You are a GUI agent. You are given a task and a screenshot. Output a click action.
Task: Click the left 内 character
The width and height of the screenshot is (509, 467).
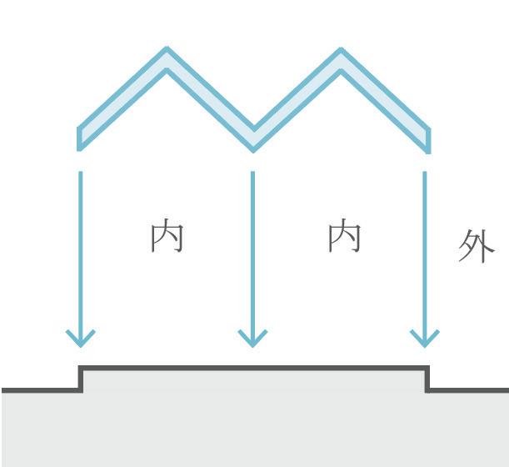[x=167, y=237]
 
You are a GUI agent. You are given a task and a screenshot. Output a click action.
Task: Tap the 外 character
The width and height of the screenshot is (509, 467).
[x=477, y=248]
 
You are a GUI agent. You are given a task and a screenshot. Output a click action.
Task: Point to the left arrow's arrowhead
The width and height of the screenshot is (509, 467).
[x=81, y=338]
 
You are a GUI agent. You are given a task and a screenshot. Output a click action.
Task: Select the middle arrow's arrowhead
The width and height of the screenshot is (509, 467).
[x=252, y=338]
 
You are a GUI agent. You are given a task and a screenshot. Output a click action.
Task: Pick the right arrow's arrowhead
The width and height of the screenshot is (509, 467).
[x=425, y=338]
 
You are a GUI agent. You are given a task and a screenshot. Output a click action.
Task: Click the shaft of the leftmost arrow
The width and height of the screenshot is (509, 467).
[x=81, y=250]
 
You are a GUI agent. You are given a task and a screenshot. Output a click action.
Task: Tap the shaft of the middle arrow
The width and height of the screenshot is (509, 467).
[x=252, y=250]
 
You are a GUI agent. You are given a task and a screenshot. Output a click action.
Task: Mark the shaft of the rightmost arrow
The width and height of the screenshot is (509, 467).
[x=425, y=250]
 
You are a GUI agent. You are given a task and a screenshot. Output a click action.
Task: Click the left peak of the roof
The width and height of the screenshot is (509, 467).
[x=167, y=58]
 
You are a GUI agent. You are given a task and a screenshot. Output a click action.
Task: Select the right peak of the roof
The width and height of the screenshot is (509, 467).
[x=340, y=58]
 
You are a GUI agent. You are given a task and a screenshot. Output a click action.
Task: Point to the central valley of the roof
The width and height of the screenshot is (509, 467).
[x=253, y=140]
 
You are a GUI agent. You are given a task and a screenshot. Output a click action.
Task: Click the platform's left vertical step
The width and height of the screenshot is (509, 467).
[x=81, y=378]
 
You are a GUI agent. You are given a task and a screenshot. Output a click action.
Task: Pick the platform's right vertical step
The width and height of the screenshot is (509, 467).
[x=427, y=378]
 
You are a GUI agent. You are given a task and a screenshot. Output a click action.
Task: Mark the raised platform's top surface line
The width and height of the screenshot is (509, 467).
[x=253, y=367]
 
